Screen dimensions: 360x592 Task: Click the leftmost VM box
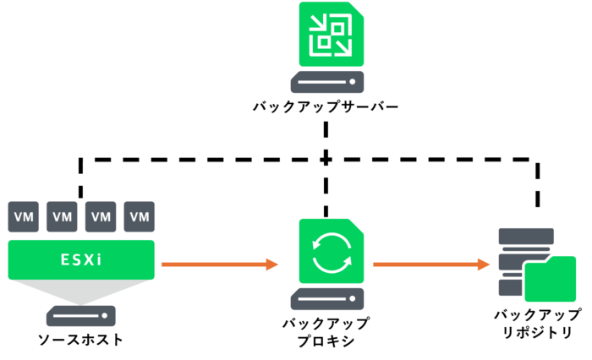24,216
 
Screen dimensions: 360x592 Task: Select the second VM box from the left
63,216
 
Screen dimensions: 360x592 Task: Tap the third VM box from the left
101,216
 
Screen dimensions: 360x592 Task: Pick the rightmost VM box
140,216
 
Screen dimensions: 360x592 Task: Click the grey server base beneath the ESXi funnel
81,316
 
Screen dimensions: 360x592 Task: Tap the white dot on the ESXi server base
106,316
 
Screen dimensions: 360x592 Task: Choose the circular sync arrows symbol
332,253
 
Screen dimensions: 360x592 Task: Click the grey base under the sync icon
327,299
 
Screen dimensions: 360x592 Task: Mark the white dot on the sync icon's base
353,299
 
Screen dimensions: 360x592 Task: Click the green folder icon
550,279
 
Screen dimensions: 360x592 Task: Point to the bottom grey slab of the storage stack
510,288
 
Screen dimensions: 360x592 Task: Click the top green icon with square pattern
332,35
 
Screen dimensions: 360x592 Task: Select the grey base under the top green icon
327,82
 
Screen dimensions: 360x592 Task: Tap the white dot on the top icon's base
353,82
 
